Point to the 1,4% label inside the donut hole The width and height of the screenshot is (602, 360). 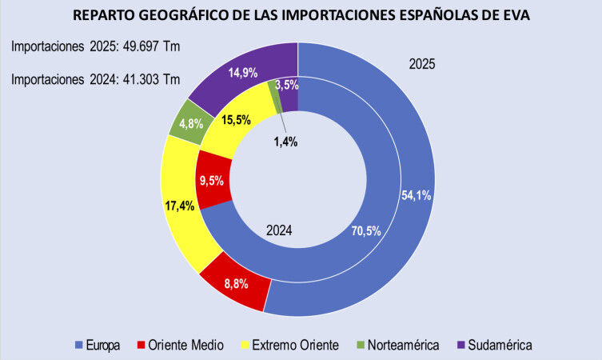(285, 142)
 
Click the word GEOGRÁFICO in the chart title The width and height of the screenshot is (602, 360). (197, 15)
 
